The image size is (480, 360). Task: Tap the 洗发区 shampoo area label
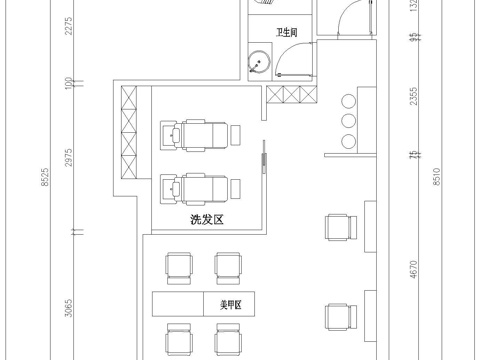coord(204,218)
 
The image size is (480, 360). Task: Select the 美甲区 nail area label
coord(245,300)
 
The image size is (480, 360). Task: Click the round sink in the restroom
coord(258,66)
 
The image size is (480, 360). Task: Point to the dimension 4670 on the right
coord(413,273)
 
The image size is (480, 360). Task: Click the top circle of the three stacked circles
coord(350,102)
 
